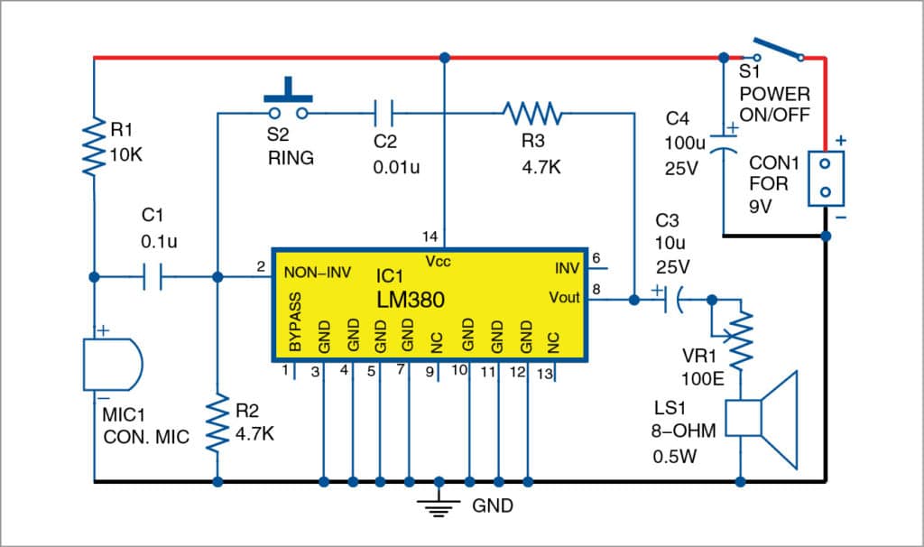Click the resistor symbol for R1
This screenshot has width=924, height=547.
(x=94, y=150)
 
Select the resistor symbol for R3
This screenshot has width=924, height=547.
(x=532, y=114)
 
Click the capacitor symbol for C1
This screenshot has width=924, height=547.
(x=152, y=277)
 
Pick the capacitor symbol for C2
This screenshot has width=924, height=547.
(x=384, y=114)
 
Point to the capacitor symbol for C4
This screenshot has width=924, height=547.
(x=723, y=144)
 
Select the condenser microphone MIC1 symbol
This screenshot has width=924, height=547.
(x=109, y=365)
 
